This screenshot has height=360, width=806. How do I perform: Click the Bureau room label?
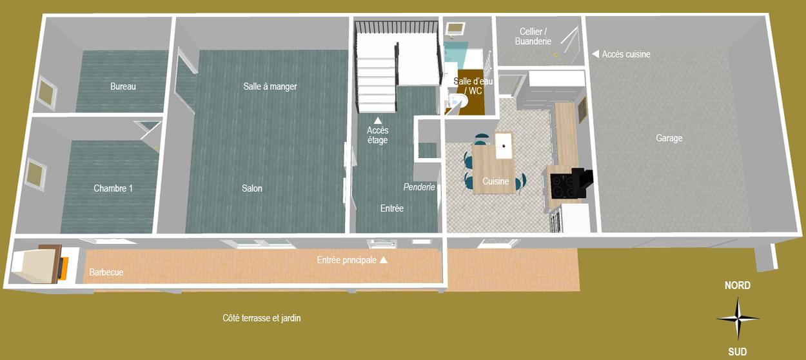pyautogui.click(x=123, y=86)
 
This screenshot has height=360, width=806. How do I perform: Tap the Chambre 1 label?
pyautogui.click(x=113, y=188)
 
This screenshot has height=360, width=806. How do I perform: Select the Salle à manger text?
pyautogui.click(x=270, y=86)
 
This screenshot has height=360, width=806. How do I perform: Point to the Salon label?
pyautogui.click(x=252, y=188)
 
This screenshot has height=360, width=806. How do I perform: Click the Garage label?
pyautogui.click(x=669, y=138)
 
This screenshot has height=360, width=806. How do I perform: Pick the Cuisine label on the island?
pyautogui.click(x=495, y=181)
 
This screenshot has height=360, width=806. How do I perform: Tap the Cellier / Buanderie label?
pyautogui.click(x=533, y=36)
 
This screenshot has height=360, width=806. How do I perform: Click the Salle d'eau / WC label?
pyautogui.click(x=473, y=86)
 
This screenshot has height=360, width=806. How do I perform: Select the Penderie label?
pyautogui.click(x=419, y=187)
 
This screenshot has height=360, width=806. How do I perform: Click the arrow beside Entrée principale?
pyautogui.click(x=384, y=259)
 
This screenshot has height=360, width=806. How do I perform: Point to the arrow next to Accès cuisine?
pyautogui.click(x=596, y=54)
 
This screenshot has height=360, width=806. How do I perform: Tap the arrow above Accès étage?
pyautogui.click(x=377, y=120)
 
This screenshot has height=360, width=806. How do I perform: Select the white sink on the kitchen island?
pyautogui.click(x=504, y=146)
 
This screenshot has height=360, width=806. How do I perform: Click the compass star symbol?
pyautogui.click(x=738, y=319)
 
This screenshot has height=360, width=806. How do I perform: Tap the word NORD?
pyautogui.click(x=737, y=285)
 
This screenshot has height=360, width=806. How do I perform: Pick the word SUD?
pyautogui.click(x=737, y=352)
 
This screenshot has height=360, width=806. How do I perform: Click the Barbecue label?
pyautogui.click(x=106, y=272)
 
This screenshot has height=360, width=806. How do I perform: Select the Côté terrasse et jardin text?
pyautogui.click(x=262, y=318)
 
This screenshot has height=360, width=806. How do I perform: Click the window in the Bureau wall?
pyautogui.click(x=48, y=93)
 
